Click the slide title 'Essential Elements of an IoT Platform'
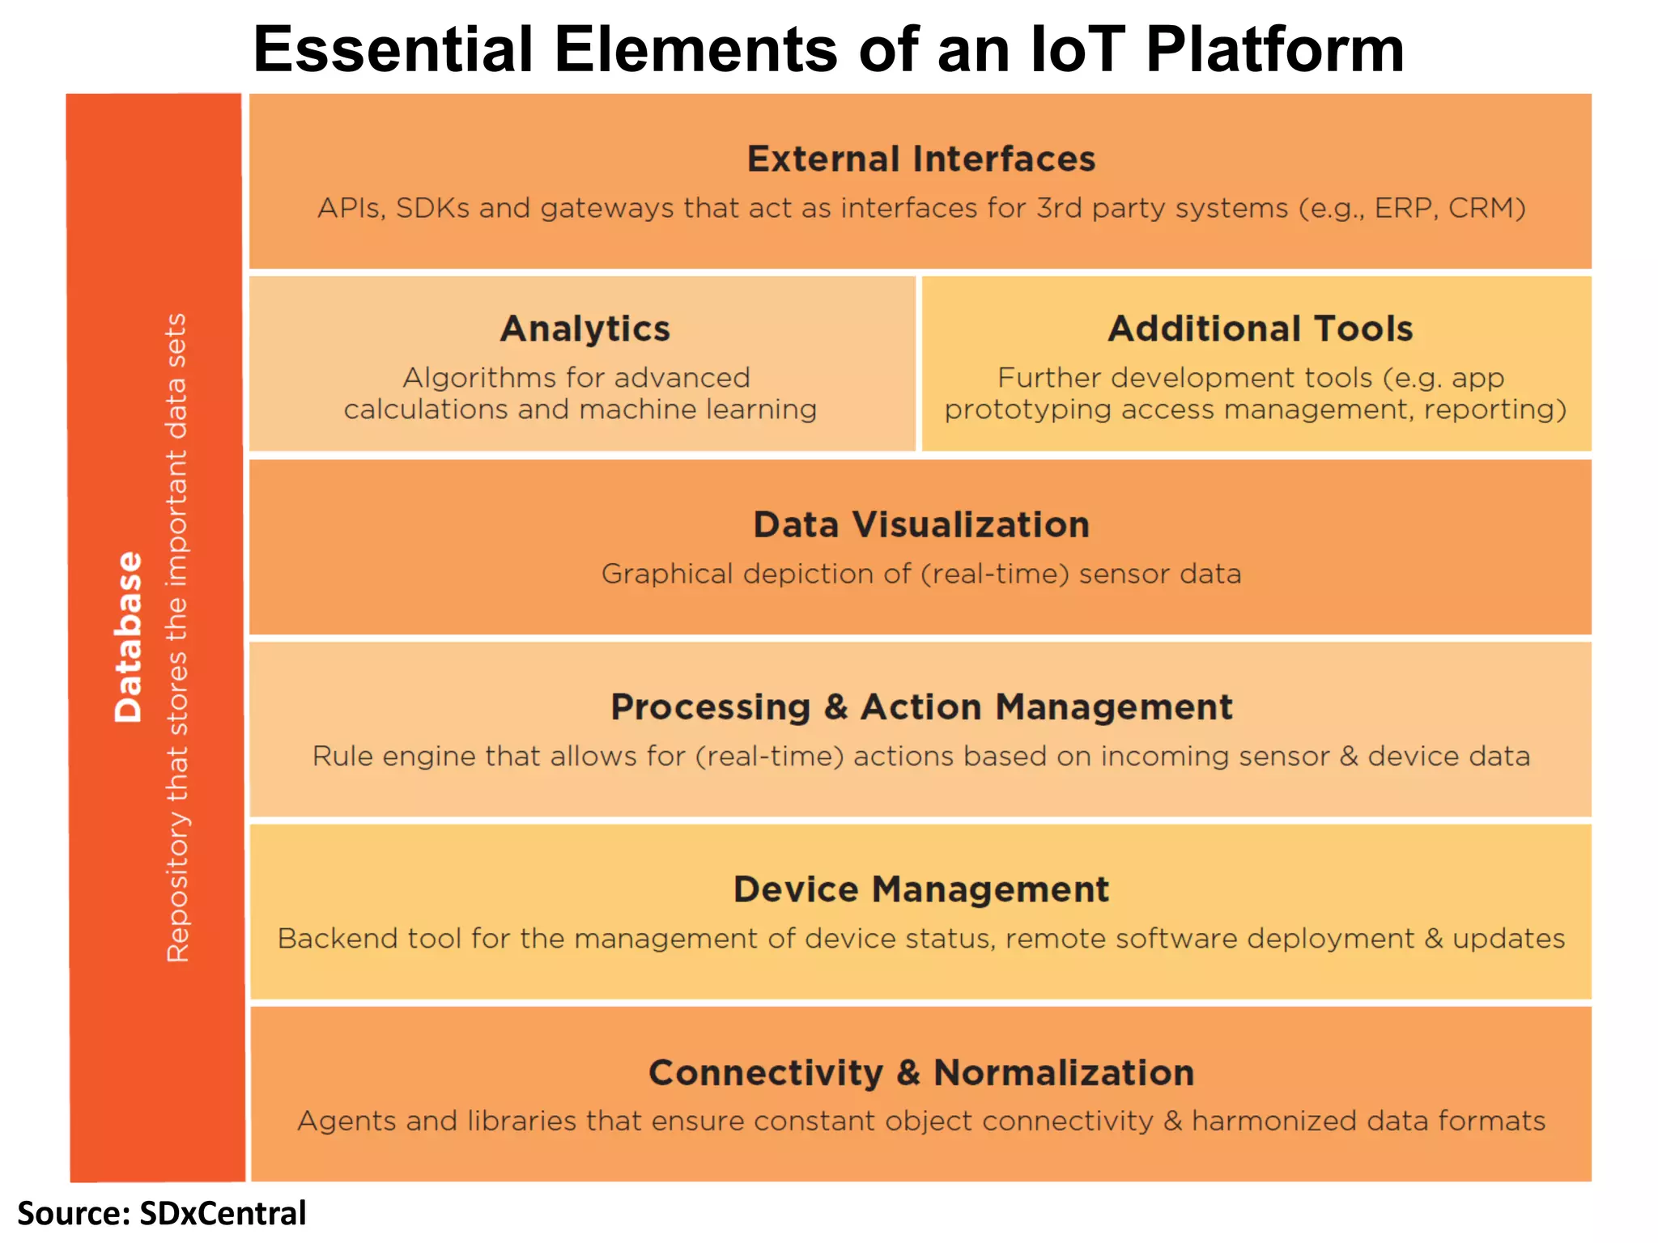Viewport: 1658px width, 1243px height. coord(828,50)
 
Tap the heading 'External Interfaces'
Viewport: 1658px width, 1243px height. coord(920,159)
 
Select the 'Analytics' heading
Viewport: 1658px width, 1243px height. coord(585,329)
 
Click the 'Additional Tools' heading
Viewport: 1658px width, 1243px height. coord(1260,329)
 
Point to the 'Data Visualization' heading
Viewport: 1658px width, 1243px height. coord(920,525)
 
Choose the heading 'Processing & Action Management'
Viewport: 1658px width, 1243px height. coord(920,707)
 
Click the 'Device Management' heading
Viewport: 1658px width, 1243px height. coord(920,889)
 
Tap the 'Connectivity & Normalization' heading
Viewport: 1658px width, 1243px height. coord(920,1073)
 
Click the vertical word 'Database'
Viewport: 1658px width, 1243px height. coord(129,637)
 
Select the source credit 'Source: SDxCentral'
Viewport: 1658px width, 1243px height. coord(162,1214)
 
